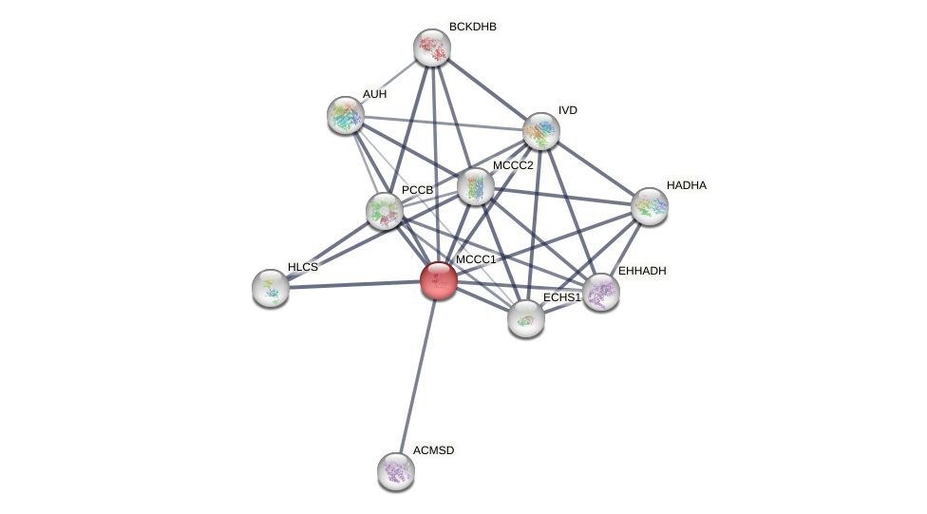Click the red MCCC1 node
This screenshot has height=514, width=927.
tap(438, 280)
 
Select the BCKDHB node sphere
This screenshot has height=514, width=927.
tap(431, 48)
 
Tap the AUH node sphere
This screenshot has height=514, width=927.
tap(346, 115)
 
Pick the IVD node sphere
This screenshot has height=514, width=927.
tap(540, 131)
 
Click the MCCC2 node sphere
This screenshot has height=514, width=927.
tap(475, 186)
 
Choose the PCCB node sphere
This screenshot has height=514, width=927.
tap(384, 211)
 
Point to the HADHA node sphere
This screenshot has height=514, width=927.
tap(650, 206)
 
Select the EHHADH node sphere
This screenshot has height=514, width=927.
tap(600, 292)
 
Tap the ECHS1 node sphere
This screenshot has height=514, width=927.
tap(525, 318)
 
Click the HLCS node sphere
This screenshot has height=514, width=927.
tap(271, 288)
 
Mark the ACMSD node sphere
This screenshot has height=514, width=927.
tap(395, 471)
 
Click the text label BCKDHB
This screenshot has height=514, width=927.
tap(473, 27)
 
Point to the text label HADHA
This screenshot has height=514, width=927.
tap(686, 185)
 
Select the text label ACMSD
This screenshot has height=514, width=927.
tap(433, 450)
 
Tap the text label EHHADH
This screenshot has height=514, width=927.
tap(642, 271)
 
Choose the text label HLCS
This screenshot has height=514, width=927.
tap(303, 267)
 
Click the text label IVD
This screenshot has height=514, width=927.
tap(567, 110)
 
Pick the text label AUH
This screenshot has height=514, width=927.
tap(374, 94)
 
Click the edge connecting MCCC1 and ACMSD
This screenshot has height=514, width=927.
tap(417, 375)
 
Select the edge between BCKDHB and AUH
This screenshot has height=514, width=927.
tap(388, 82)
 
